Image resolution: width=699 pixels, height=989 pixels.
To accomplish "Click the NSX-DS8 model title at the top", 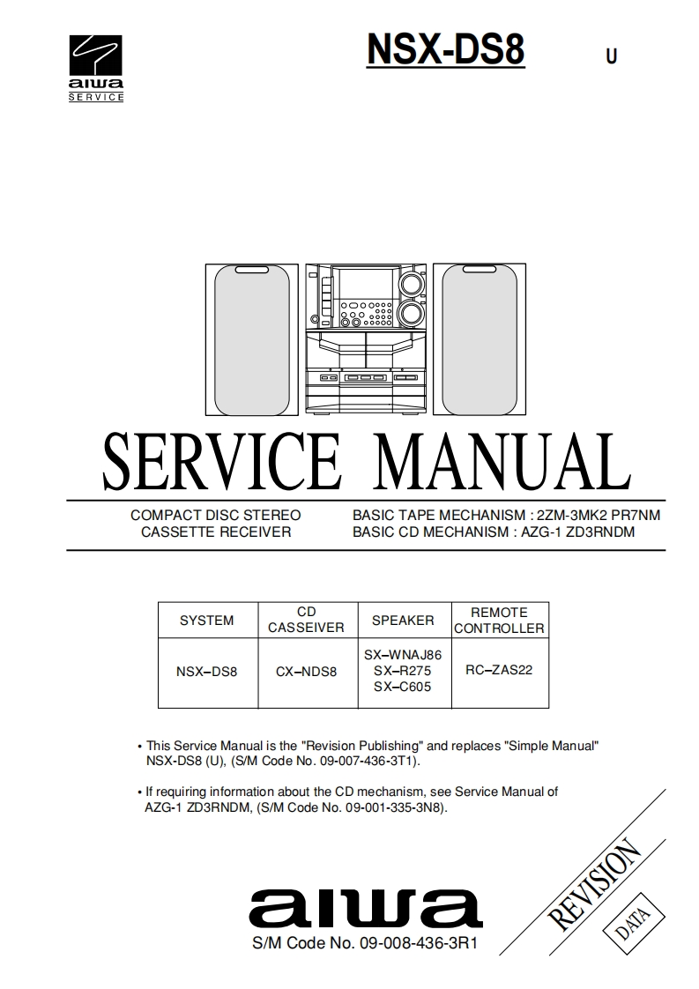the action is pyautogui.click(x=445, y=49).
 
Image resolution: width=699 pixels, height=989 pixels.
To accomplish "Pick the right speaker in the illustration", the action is pyautogui.click(x=484, y=339).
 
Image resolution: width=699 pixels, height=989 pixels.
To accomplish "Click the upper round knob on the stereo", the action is pyautogui.click(x=409, y=284).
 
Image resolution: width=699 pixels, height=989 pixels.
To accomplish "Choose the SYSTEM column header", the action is pyautogui.click(x=207, y=621).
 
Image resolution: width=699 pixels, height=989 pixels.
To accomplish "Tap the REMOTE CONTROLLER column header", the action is pyautogui.click(x=499, y=621).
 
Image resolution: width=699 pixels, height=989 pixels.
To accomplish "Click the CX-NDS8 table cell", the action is pyautogui.click(x=307, y=671).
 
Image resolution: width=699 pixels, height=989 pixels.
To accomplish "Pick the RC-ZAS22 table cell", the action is pyautogui.click(x=499, y=670).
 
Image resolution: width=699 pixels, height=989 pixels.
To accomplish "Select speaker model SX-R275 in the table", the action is pyautogui.click(x=403, y=671).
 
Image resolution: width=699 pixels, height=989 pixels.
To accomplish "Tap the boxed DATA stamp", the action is pyautogui.click(x=628, y=923).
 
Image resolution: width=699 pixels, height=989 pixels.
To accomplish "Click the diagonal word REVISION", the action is pyautogui.click(x=594, y=881).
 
